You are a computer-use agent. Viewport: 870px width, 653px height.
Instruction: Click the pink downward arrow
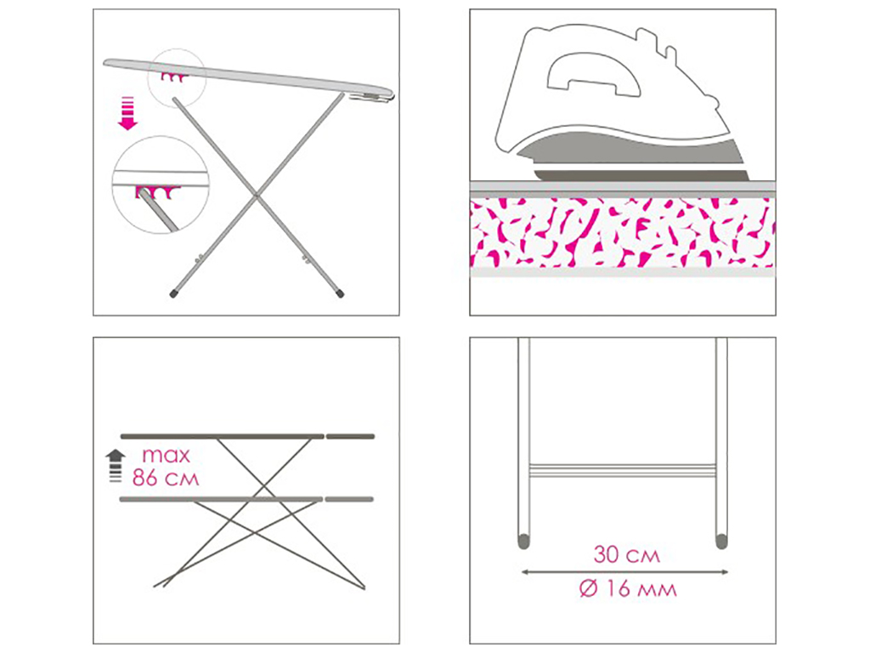128,113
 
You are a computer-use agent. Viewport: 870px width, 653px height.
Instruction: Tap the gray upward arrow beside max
116,465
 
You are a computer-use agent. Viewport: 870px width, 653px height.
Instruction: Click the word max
166,456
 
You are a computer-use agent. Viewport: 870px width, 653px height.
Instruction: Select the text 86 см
166,478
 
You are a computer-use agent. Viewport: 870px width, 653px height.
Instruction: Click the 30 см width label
627,554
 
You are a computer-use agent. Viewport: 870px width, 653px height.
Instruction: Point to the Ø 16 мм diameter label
628,588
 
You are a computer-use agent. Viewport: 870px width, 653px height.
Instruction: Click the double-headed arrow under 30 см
624,572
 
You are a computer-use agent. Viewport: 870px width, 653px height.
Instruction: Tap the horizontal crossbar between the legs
622,470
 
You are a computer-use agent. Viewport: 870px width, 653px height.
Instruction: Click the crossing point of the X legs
256,195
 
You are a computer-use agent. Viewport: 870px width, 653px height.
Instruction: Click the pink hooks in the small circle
172,77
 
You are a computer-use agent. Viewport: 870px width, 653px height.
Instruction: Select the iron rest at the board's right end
372,98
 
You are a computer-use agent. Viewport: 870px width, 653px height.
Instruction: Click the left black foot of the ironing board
173,293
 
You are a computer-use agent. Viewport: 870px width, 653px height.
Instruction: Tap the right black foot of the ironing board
340,292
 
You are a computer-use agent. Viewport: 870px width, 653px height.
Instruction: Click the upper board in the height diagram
247,436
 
